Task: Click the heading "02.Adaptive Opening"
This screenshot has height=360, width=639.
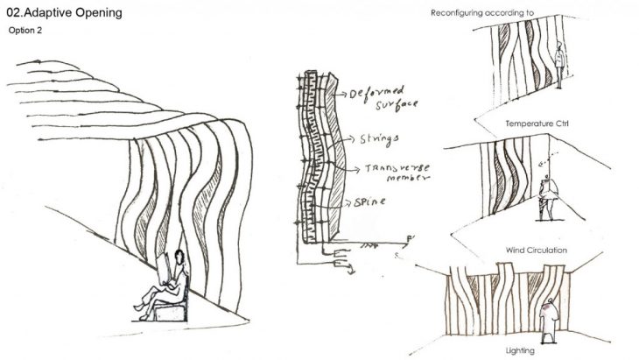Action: (65, 12)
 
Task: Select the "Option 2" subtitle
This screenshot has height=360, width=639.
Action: (25, 30)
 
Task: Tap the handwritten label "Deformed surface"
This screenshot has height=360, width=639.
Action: (383, 98)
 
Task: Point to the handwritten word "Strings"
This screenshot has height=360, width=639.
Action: (379, 139)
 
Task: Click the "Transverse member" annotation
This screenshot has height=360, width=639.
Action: (397, 173)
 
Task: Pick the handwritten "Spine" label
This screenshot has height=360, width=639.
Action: (369, 201)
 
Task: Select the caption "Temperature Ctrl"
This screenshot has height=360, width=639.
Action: (537, 124)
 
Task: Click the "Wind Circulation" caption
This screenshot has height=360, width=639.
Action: (537, 250)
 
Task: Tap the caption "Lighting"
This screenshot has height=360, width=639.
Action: (520, 350)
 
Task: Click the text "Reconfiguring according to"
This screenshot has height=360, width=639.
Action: (482, 13)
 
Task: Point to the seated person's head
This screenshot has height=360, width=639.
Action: (179, 257)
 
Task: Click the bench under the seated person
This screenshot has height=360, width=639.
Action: (171, 313)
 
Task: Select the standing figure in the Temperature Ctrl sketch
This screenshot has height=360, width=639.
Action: (559, 64)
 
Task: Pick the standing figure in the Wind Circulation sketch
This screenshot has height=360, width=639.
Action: (547, 198)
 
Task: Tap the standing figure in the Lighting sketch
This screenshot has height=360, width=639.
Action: (549, 321)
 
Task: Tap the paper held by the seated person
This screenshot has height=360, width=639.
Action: (164, 269)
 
